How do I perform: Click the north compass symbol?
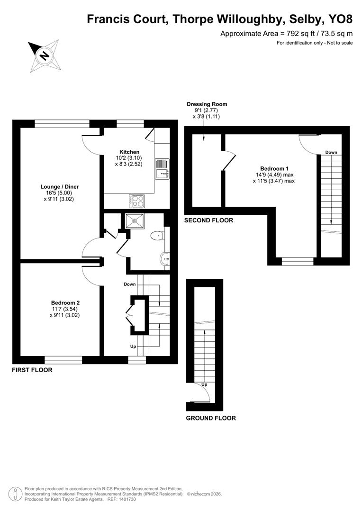click(44, 56)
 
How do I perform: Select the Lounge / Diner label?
click(59, 187)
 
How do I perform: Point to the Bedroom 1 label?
click(274, 169)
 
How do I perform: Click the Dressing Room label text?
click(207, 104)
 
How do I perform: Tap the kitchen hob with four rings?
click(136, 201)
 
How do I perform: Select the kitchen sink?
click(161, 168)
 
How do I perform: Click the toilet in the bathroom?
click(157, 235)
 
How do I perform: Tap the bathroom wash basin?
click(164, 258)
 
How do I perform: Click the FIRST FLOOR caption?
click(32, 370)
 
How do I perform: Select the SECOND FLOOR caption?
click(208, 220)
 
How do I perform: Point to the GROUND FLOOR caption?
click(210, 418)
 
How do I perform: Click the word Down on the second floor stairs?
click(331, 152)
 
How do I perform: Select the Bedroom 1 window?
click(298, 261)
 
